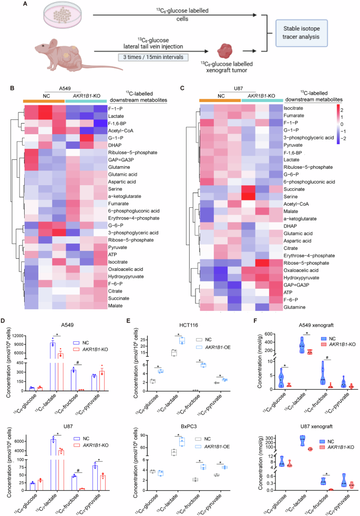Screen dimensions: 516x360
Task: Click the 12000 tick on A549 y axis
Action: (34, 336)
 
